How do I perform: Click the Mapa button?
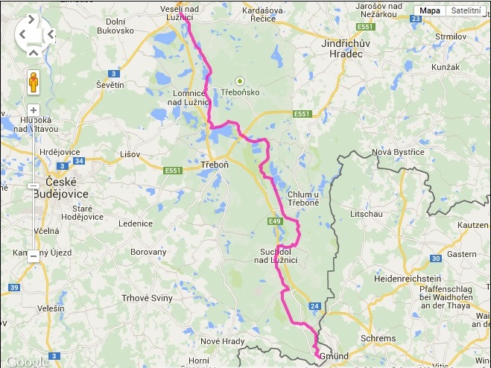[429, 10]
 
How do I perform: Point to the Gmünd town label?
[333, 357]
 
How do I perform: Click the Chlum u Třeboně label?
[303, 199]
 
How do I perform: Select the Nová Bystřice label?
[397, 152]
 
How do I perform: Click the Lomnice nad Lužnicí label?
[194, 98]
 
